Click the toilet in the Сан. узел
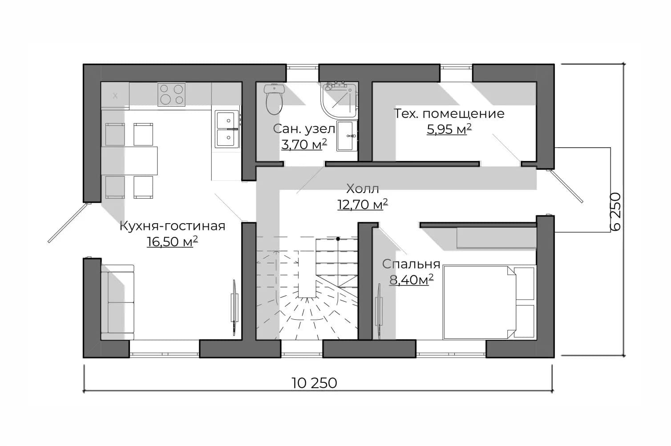tap(274, 99)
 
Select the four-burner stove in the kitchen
tap(171, 94)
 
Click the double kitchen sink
tap(227, 129)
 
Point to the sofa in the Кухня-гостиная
tap(117, 302)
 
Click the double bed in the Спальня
tap(489, 302)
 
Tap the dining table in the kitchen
tap(129, 161)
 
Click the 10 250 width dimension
tap(314, 383)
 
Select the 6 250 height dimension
tap(615, 212)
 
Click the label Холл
tap(363, 189)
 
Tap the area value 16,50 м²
tap(172, 241)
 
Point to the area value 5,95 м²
tap(449, 129)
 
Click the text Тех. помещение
tap(449, 114)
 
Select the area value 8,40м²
tap(411, 280)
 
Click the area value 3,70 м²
tap(304, 145)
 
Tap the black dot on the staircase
tap(338, 239)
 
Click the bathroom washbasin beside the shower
tap(347, 136)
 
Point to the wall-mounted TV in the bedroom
tap(379, 311)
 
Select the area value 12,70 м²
tap(363, 205)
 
